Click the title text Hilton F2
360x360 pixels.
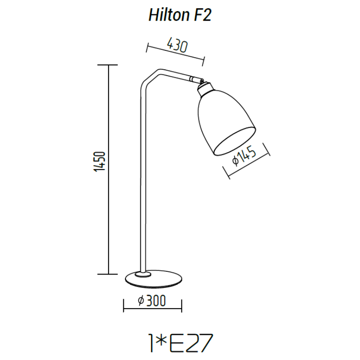point(180,16)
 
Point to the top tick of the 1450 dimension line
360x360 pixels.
point(108,65)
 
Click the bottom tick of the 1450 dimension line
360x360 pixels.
point(108,274)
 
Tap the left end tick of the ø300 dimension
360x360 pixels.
point(124,306)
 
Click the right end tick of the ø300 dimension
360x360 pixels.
point(182,306)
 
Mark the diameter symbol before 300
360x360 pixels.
point(140,301)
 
